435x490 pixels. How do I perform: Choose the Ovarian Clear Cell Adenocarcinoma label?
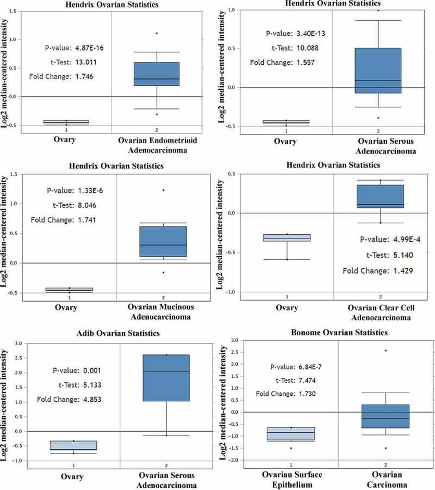pos(381,312)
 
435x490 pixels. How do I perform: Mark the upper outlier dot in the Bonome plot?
pos(385,351)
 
